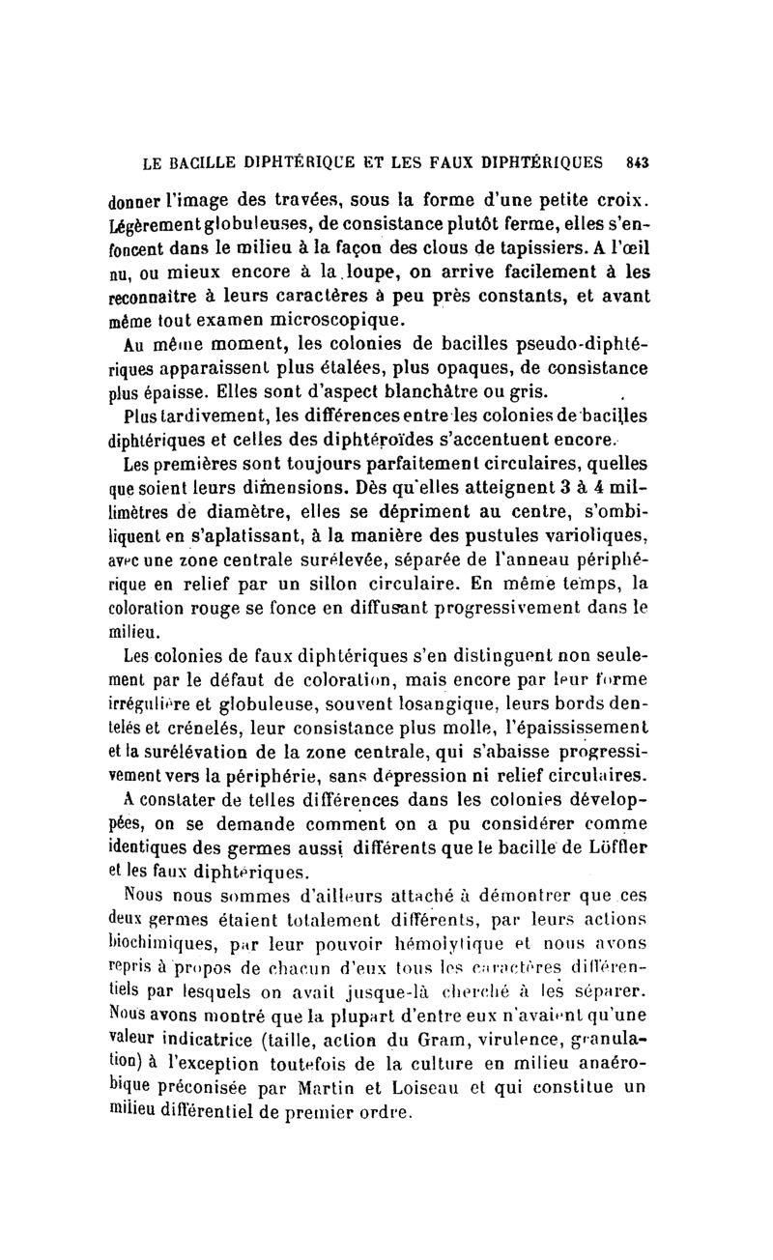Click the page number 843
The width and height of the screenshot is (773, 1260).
pos(636,162)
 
